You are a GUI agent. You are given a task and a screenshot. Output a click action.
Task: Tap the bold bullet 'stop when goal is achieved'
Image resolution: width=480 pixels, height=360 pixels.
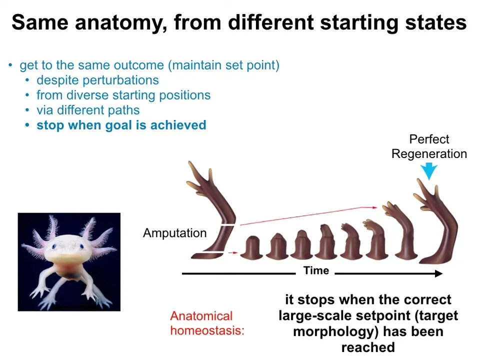(121, 125)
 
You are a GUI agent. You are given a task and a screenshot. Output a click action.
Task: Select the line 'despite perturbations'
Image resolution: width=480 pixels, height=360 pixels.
(97, 80)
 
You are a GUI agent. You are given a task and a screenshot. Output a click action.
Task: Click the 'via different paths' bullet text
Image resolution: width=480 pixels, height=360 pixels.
(88, 110)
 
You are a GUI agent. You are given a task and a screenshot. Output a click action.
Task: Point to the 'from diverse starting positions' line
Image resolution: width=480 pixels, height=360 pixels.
(123, 95)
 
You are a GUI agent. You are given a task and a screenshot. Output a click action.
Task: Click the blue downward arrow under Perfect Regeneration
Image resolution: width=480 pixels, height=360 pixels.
(429, 171)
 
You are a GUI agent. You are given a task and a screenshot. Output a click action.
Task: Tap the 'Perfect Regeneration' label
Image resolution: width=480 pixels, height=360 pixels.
(429, 146)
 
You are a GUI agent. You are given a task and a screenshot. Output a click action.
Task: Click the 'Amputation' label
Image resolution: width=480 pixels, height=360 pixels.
(175, 233)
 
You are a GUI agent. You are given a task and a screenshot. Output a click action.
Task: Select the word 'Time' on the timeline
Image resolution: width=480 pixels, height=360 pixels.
(316, 270)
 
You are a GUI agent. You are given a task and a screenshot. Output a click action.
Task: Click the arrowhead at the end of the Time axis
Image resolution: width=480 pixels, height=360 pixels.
(439, 273)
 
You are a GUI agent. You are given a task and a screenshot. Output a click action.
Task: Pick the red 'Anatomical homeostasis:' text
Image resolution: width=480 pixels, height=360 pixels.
(207, 323)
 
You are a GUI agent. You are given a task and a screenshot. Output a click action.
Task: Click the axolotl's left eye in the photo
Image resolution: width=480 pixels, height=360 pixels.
(54, 246)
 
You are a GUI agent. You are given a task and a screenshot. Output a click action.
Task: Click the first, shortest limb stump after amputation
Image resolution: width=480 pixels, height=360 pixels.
(251, 248)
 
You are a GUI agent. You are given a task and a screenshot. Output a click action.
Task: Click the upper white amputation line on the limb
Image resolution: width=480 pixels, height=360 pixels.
(228, 225)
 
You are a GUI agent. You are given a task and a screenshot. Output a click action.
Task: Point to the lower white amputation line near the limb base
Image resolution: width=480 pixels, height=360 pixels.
(213, 252)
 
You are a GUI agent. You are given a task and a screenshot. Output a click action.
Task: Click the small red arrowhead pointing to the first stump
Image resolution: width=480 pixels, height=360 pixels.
(235, 253)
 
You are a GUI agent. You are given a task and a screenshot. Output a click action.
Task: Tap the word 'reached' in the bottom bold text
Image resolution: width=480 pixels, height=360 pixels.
(368, 347)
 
